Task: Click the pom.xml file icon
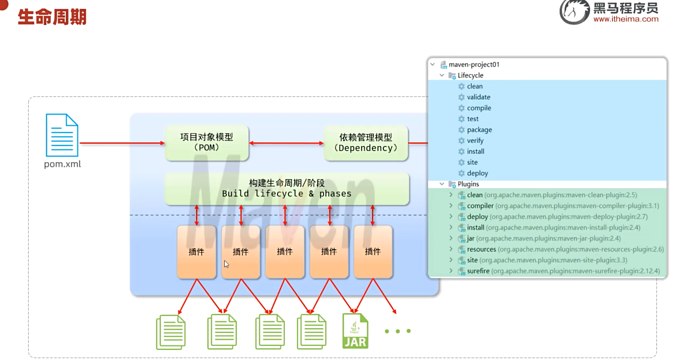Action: tap(62, 135)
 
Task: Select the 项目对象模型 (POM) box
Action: tap(207, 142)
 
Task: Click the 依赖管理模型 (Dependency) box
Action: tap(366, 143)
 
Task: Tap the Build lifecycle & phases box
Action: tap(287, 188)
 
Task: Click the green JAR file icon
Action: tap(355, 331)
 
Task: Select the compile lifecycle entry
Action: tap(479, 108)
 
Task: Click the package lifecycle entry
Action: tap(479, 130)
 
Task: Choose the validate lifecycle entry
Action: tap(479, 97)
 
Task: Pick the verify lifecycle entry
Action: tap(475, 140)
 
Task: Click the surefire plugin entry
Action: tap(478, 271)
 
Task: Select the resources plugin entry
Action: tap(481, 249)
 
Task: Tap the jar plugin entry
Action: tap(470, 238)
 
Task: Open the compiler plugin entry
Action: tap(480, 205)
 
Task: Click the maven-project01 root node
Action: tap(474, 65)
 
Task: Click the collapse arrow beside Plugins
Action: tap(442, 184)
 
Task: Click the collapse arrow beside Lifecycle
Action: tap(442, 75)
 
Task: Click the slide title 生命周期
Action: tap(52, 17)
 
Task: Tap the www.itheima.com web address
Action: tap(626, 19)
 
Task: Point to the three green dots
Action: tap(397, 331)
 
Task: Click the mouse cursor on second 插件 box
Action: tap(226, 264)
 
